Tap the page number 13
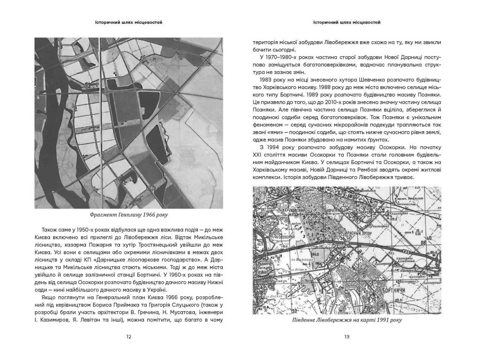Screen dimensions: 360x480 click(x=347, y=336)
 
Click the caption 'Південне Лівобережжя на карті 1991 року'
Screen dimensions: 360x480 click(x=347, y=320)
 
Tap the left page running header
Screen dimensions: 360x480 click(x=128, y=22)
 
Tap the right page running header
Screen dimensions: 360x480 click(x=347, y=22)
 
